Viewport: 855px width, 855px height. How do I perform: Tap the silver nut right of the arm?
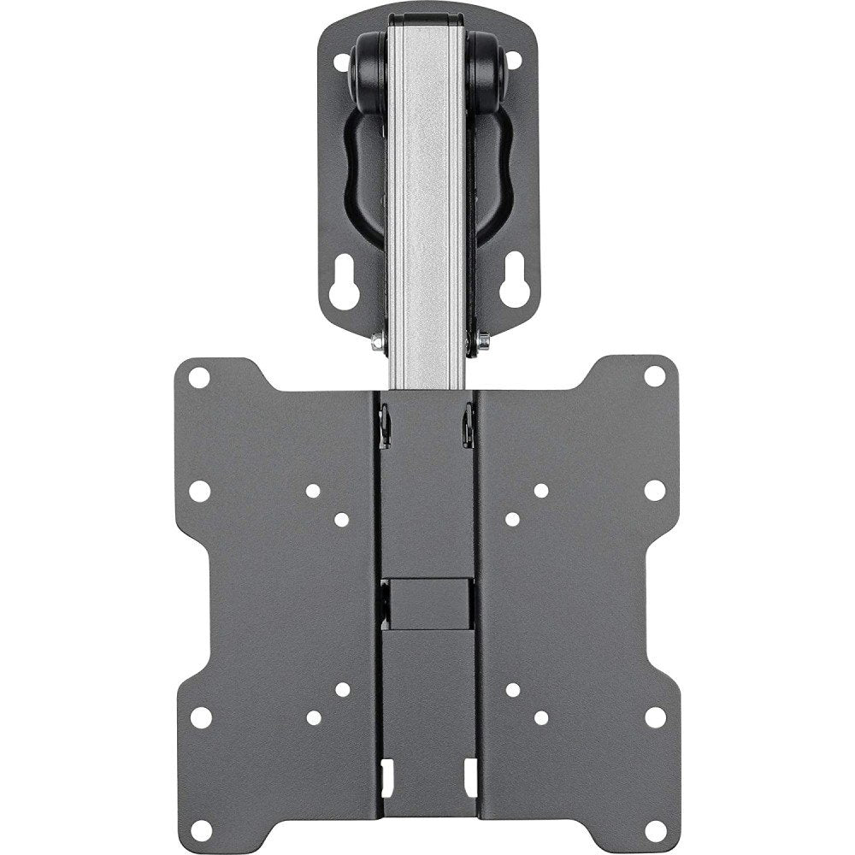tap(482, 341)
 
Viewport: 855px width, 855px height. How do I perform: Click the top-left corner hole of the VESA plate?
tap(199, 377)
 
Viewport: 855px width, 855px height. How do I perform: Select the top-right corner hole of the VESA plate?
tap(654, 377)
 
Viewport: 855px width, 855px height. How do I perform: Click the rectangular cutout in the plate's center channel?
tap(427, 598)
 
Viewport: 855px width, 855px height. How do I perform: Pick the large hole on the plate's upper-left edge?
tap(199, 491)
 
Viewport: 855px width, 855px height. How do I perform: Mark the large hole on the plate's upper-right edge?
tap(654, 491)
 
